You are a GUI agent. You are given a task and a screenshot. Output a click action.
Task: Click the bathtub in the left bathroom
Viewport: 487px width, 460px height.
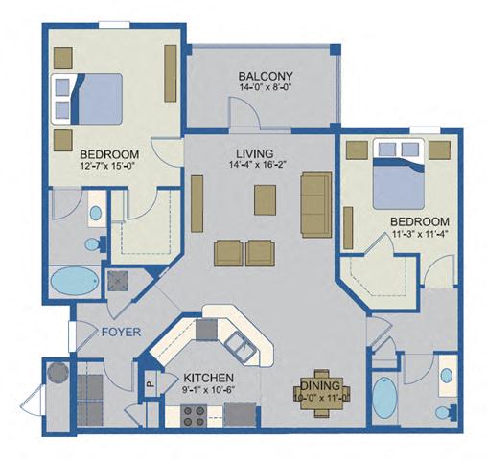[x=73, y=282]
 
